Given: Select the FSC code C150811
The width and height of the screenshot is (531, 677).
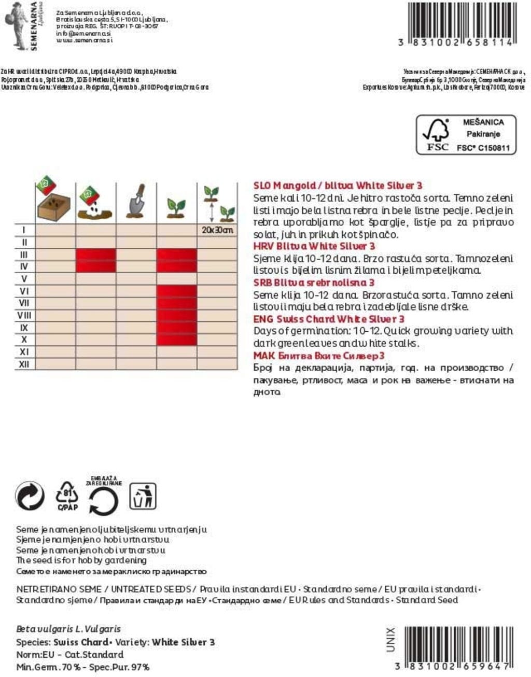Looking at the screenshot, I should [483, 148].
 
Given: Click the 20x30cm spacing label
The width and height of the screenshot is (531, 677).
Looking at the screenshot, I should [217, 230].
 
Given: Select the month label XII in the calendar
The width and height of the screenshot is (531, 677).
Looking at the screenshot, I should [24, 364].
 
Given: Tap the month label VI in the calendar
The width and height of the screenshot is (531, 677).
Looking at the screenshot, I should [24, 291].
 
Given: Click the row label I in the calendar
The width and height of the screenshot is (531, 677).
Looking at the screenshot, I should [24, 230].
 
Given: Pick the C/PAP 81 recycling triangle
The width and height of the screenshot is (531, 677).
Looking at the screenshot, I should [67, 496].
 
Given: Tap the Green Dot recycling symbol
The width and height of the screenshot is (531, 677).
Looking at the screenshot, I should [30, 496].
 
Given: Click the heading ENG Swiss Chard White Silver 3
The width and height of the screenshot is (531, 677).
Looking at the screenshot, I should [329, 319].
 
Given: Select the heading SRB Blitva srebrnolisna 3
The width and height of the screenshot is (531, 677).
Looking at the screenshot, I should [314, 283].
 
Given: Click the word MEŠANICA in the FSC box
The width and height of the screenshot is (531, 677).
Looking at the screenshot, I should [483, 122].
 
